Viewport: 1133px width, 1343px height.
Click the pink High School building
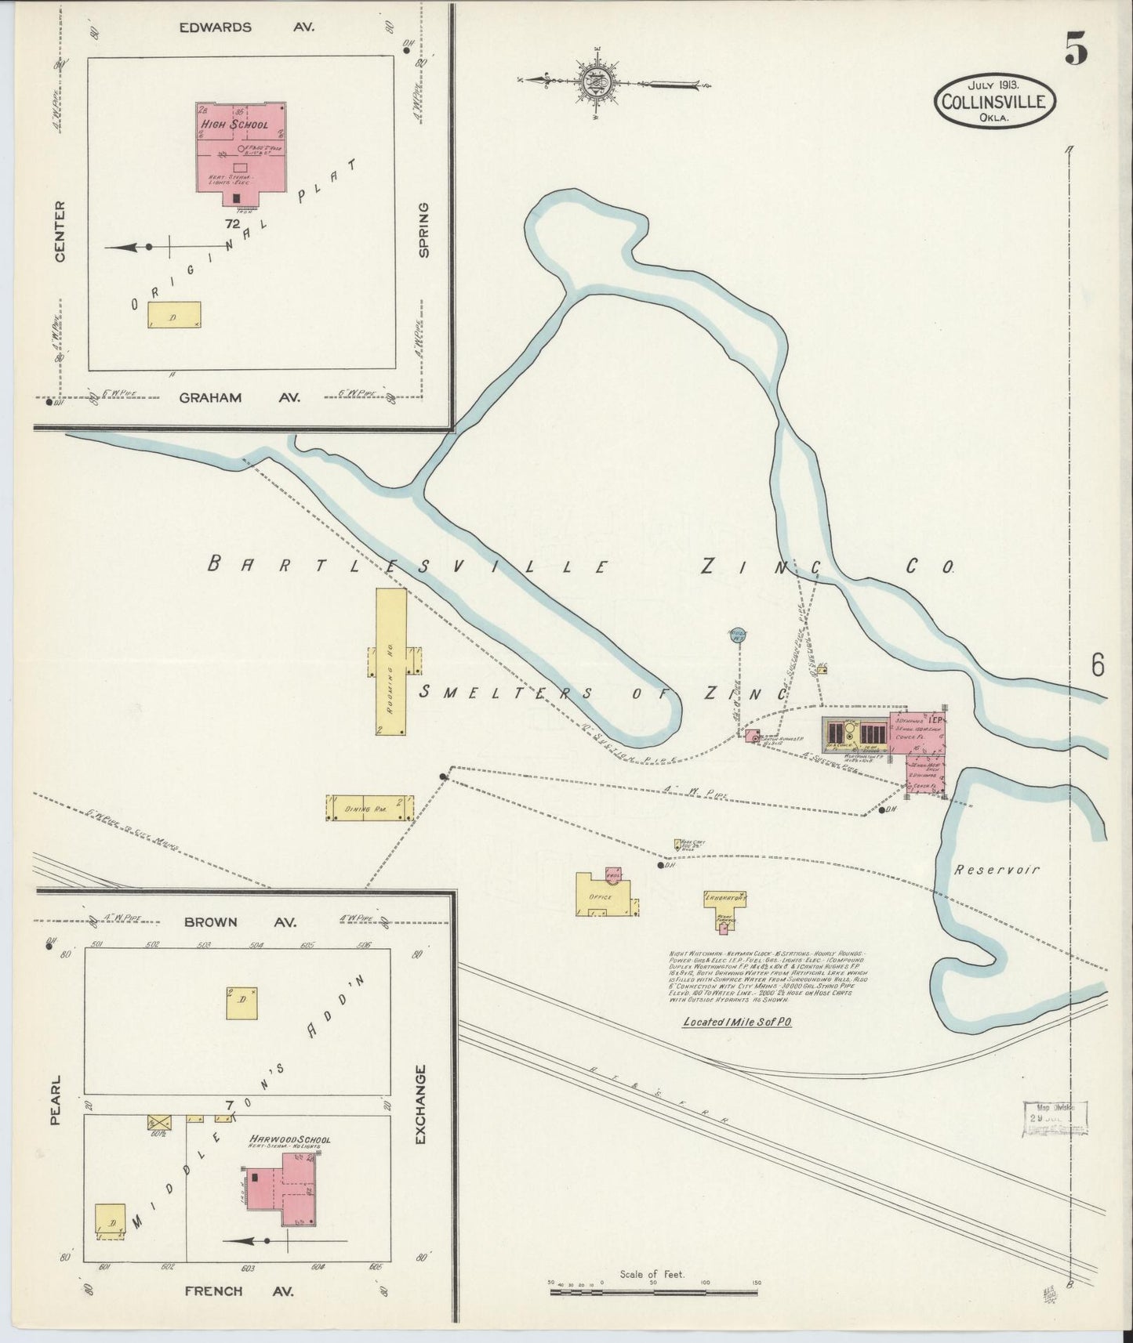[x=240, y=149]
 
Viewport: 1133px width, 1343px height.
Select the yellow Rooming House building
[x=392, y=662]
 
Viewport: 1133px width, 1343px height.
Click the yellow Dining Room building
[x=369, y=808]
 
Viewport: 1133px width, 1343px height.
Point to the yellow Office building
[x=604, y=894]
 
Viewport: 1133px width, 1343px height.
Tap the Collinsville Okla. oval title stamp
[x=994, y=101]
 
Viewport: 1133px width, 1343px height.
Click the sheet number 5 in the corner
[x=1076, y=52]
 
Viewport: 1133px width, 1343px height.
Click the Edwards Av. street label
[x=247, y=27]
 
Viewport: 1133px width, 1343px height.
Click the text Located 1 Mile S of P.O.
[x=735, y=1022]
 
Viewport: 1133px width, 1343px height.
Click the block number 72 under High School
[x=232, y=223]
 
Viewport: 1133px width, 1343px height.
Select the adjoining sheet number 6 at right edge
[x=1097, y=665]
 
